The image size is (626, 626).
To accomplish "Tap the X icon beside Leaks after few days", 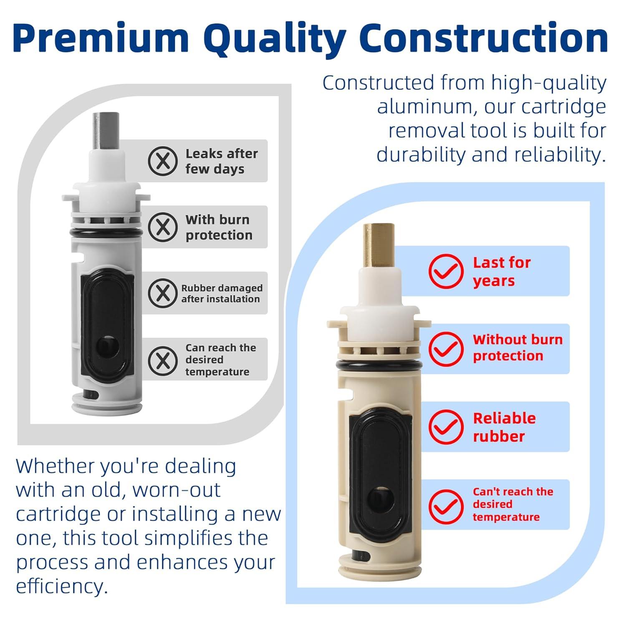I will [x=163, y=161].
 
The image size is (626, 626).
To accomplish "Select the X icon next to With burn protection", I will [x=163, y=227].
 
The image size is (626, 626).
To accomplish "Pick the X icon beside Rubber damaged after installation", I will [x=163, y=293].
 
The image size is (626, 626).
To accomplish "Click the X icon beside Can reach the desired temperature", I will [x=163, y=360].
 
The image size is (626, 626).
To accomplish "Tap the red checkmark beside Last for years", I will [x=446, y=271].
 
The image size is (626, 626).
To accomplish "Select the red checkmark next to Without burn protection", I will [x=446, y=348].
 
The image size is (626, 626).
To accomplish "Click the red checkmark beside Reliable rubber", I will [x=446, y=427].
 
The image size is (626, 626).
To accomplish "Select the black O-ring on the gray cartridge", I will [x=107, y=232].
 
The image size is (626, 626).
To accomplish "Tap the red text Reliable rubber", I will [x=504, y=427].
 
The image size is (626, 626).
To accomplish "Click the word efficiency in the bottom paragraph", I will [x=62, y=586].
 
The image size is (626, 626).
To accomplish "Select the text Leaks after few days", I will [x=221, y=161].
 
